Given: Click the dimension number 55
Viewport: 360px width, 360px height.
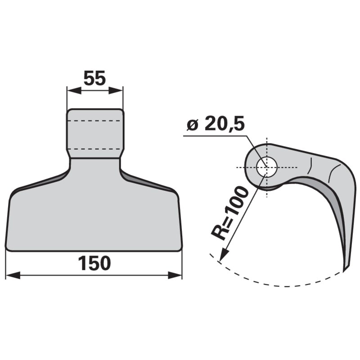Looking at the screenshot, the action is (94, 78).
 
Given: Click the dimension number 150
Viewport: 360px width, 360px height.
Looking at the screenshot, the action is (94, 263).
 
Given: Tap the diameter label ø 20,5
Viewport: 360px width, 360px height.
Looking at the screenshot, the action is (216, 124).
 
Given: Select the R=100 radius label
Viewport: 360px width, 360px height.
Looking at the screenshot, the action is (230, 213).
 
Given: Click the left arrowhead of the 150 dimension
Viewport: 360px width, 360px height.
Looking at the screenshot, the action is (13, 275).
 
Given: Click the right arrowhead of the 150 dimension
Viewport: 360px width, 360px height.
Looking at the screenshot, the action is (175, 275).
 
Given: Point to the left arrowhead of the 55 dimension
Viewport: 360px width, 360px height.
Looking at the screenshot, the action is (74, 90).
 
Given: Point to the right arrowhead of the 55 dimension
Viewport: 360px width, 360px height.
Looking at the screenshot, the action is (116, 90).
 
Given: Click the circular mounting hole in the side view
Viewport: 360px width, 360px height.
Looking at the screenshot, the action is (267, 167).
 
